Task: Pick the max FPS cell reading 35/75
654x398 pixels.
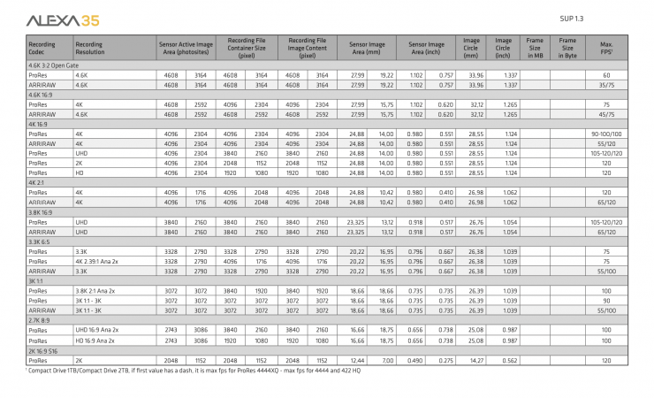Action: [606, 86]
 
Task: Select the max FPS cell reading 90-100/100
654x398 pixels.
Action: [606, 134]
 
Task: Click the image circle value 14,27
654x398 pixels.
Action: [475, 361]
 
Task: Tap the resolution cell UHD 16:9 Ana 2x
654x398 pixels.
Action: [98, 331]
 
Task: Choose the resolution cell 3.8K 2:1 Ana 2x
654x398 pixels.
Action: [97, 291]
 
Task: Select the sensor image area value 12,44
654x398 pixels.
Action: [357, 361]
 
